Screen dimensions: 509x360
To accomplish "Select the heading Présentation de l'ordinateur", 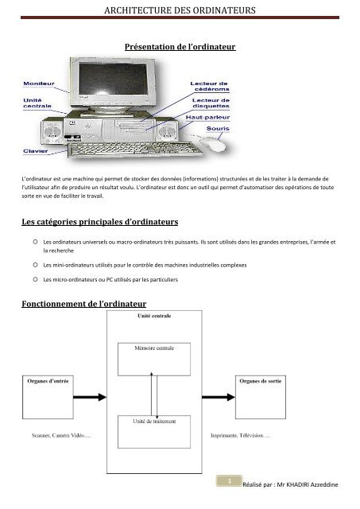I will click(180, 49).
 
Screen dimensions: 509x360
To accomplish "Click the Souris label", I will click(215, 130).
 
